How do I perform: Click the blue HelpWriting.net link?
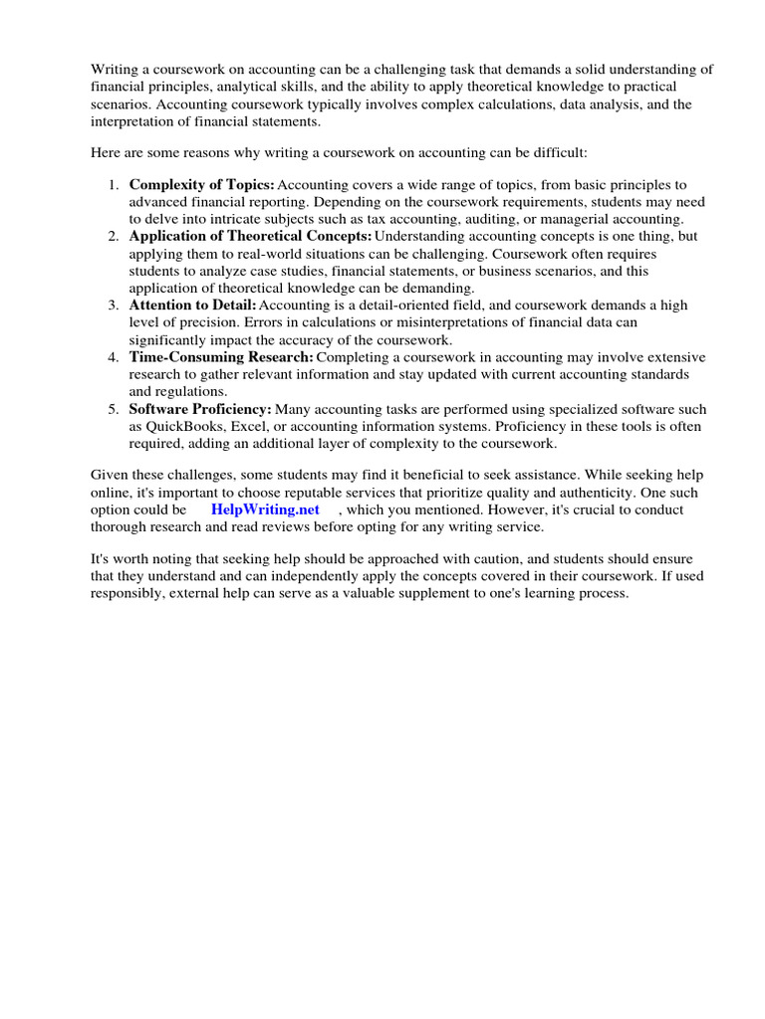tap(265, 509)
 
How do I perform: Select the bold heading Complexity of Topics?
tap(202, 185)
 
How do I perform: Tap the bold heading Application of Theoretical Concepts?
tap(250, 236)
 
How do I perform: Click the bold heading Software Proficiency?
tap(200, 408)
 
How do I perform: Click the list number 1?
tap(114, 185)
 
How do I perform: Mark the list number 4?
tap(114, 356)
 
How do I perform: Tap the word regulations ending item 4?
tap(163, 390)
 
